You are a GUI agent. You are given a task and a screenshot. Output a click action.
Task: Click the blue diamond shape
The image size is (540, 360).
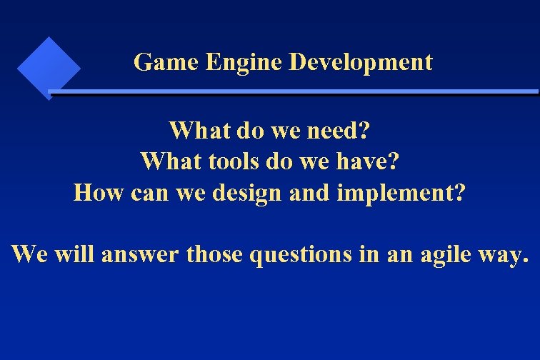[x=48, y=67]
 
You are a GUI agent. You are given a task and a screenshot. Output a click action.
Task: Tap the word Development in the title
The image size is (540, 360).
[x=361, y=62]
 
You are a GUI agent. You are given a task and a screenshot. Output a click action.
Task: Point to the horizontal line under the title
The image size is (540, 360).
[x=293, y=92]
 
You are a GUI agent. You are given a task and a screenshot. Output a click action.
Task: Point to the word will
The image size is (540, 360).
[x=73, y=254]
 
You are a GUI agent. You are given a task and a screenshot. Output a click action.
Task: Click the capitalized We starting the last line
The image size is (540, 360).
[x=29, y=254]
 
